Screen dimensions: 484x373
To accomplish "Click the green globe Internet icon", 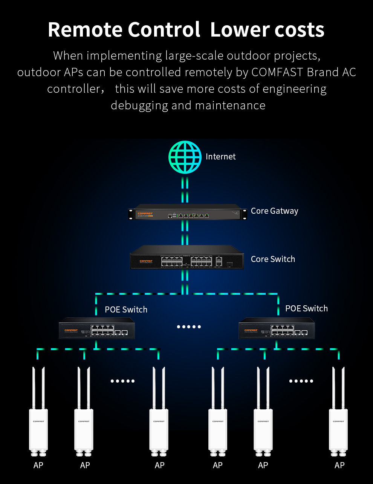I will (185, 157).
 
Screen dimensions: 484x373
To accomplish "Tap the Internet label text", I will (220, 157).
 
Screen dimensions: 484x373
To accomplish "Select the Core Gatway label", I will (274, 211).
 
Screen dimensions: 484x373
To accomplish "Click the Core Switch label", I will (273, 259).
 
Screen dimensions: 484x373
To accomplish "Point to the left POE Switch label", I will (126, 310).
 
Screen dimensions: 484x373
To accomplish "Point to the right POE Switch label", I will (306, 309).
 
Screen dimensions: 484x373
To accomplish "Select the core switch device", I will (186, 258).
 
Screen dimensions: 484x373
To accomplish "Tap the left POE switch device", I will (97, 329).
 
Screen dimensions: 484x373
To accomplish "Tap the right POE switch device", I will (277, 329).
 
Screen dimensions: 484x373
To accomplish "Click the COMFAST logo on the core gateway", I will (145, 213).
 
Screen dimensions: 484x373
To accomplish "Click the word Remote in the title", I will (85, 30).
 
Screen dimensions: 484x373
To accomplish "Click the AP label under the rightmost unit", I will (339, 466).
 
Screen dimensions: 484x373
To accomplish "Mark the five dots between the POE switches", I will (189, 327).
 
